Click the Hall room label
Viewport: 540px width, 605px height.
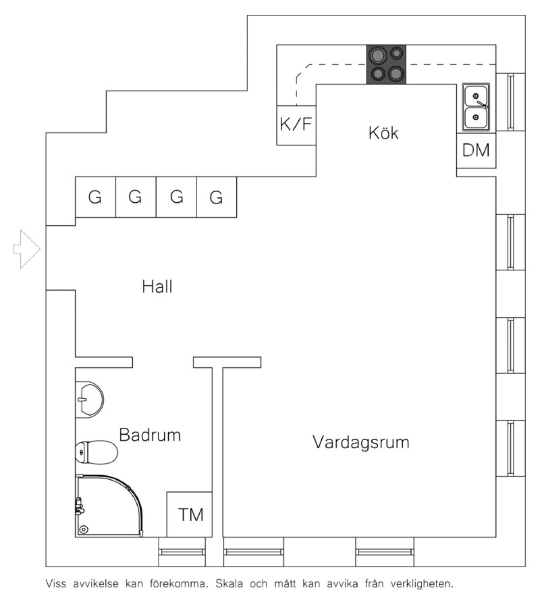tap(157, 287)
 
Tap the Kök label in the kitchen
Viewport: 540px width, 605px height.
tap(383, 133)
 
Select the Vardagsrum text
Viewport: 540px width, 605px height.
tap(361, 442)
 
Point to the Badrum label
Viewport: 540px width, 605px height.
tap(150, 435)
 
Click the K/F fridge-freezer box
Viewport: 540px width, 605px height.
tap(296, 125)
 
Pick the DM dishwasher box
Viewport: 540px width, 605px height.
tap(476, 150)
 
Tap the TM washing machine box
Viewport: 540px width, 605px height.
tap(190, 514)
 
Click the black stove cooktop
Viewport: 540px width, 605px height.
tap(386, 64)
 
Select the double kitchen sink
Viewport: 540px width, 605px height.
tap(476, 107)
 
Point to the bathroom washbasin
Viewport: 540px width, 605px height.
tap(89, 399)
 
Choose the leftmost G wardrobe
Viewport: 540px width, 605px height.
tap(95, 197)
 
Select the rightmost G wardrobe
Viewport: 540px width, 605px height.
tap(216, 197)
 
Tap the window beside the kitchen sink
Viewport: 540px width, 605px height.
tap(510, 102)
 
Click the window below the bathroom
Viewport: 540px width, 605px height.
tap(182, 552)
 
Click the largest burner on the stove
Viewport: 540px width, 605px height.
tap(377, 56)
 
